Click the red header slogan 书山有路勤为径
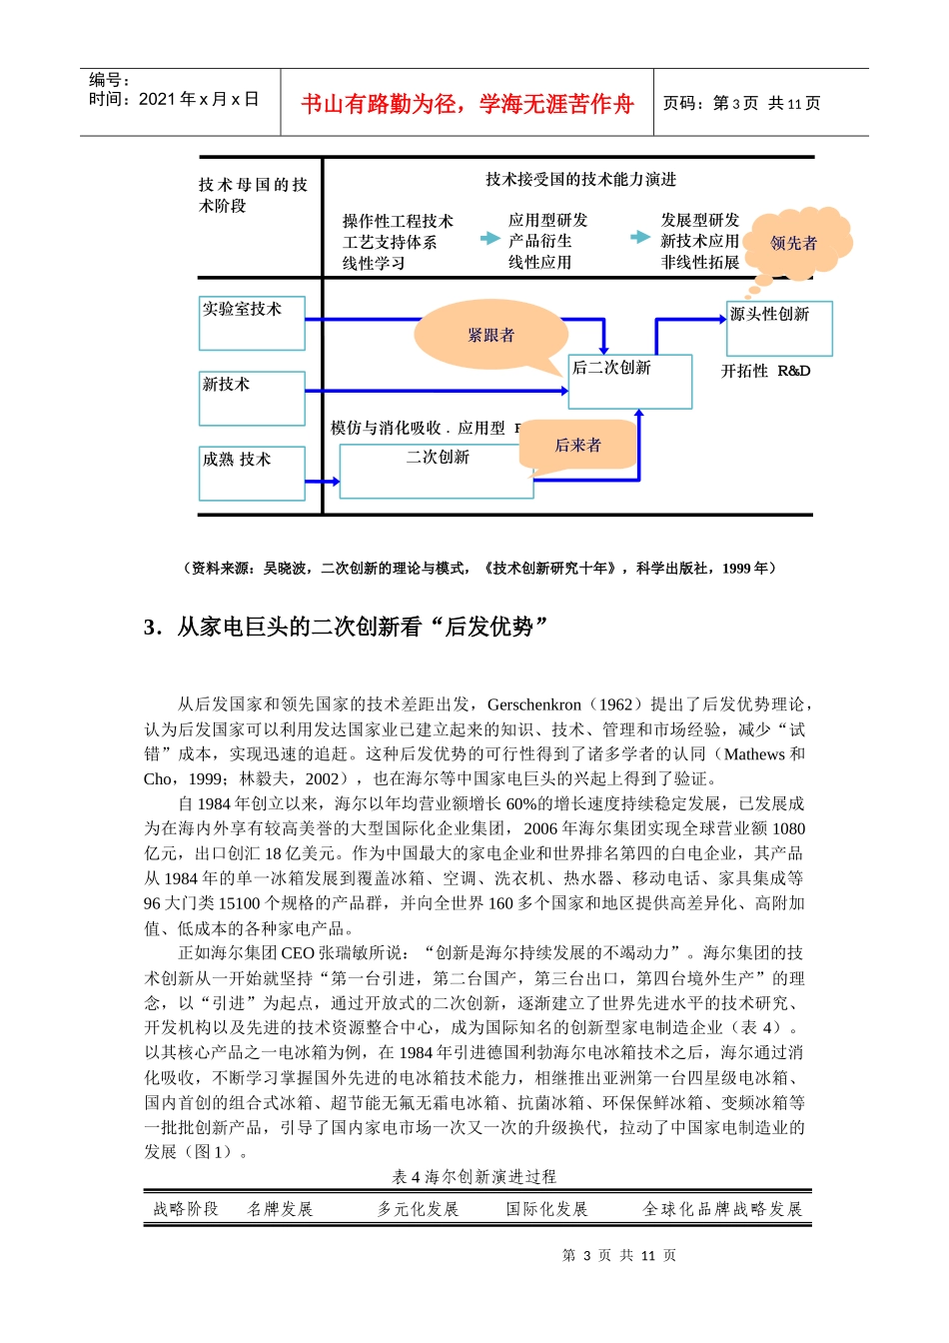coord(467,104)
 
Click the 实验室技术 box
coord(252,323)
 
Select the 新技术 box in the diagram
coord(252,398)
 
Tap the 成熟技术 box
coord(252,473)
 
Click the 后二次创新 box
coord(629,381)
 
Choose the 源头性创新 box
coord(779,328)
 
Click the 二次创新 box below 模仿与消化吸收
coord(437,470)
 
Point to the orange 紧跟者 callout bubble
coord(490,336)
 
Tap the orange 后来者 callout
coord(578,446)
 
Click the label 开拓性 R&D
coord(766,371)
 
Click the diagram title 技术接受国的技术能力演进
coord(580,180)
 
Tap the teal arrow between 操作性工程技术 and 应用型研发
coord(489,239)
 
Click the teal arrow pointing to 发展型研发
coord(640,237)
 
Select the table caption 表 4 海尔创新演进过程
coord(474,1177)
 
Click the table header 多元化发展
coord(418,1209)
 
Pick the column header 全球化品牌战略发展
coord(722,1209)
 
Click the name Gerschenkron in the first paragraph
coord(534,704)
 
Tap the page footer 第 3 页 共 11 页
coord(619,1255)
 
